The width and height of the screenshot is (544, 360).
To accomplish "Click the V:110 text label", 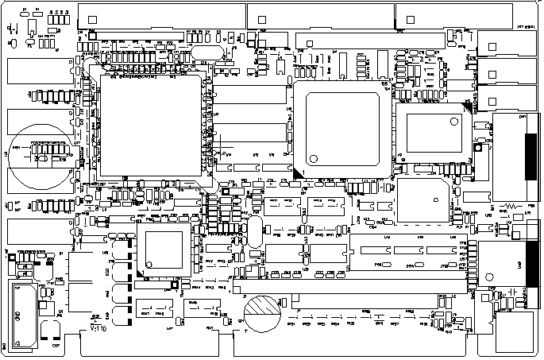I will tap(98, 327).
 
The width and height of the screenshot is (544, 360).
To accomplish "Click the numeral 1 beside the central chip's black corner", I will tap(303, 162).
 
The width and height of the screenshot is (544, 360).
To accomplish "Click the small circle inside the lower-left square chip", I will tap(148, 265).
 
